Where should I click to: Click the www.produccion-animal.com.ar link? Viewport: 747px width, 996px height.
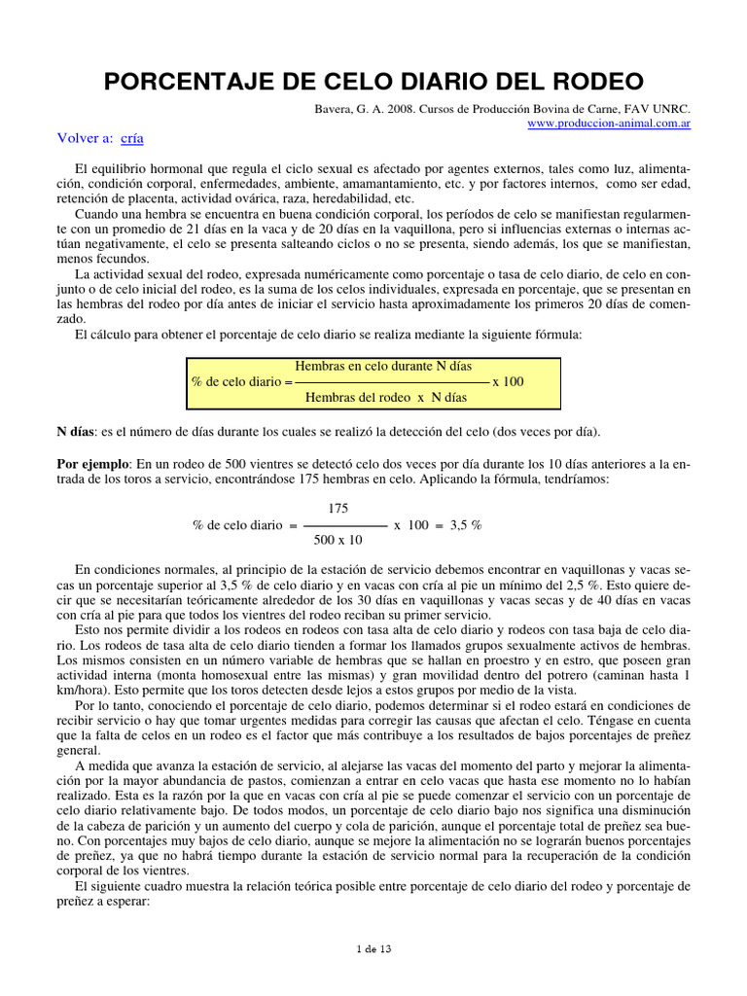tap(609, 124)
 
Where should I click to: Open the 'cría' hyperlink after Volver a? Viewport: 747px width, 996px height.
tap(131, 138)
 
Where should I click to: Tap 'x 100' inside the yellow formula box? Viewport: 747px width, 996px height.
tap(508, 382)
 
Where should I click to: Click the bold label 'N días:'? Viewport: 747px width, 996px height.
tap(77, 431)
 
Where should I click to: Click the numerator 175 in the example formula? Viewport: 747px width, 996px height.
tap(338, 509)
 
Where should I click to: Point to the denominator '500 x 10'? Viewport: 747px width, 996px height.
tap(338, 540)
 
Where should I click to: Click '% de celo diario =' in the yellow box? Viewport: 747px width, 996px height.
tap(242, 382)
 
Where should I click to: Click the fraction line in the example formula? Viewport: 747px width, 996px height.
tap(338, 525)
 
